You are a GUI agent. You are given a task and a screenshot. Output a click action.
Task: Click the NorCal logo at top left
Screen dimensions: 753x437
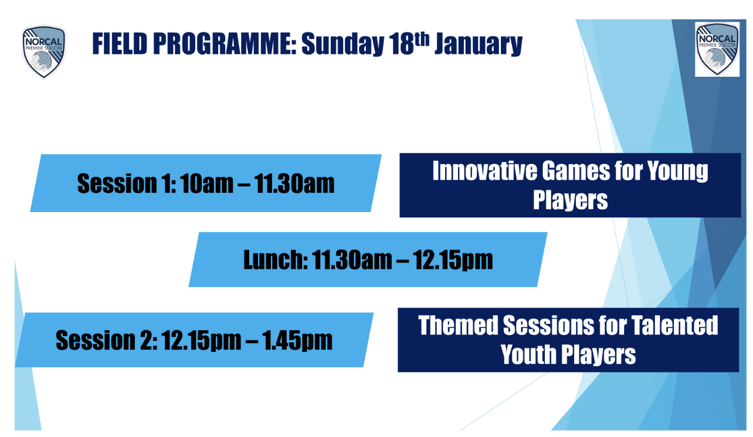pyautogui.click(x=44, y=52)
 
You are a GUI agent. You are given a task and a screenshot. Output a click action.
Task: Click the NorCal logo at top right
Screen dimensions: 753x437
pyautogui.click(x=717, y=49)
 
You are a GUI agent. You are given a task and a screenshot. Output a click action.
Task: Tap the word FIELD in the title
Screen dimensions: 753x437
pyautogui.click(x=120, y=44)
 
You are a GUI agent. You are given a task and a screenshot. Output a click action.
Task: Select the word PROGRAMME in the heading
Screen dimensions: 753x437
pyautogui.click(x=225, y=44)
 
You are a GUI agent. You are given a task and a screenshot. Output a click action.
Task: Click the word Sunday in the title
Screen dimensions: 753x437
pyautogui.click(x=342, y=45)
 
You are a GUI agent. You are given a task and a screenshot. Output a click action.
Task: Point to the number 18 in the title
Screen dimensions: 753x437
pyautogui.click(x=401, y=44)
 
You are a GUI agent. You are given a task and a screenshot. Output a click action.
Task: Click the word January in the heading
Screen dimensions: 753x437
pyautogui.click(x=479, y=45)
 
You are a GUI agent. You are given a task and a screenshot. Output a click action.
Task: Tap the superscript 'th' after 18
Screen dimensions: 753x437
pyautogui.click(x=422, y=39)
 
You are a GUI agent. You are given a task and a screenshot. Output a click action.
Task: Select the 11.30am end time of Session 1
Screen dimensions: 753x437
pyautogui.click(x=294, y=184)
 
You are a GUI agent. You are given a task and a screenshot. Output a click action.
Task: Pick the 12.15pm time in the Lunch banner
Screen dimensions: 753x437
pyautogui.click(x=453, y=260)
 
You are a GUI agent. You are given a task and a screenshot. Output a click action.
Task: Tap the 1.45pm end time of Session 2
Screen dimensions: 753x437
pyautogui.click(x=297, y=340)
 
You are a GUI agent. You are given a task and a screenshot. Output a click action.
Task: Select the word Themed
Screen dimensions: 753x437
pyautogui.click(x=458, y=325)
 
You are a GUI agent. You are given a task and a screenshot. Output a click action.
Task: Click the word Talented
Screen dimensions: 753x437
pyautogui.click(x=674, y=325)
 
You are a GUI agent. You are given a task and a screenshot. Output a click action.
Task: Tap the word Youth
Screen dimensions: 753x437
pyautogui.click(x=528, y=354)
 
